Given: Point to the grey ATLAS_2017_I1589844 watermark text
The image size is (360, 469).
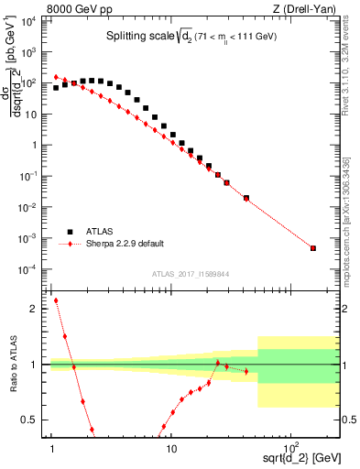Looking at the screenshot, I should (x=191, y=274).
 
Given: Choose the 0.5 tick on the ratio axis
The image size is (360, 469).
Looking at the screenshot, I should (x=35, y=420).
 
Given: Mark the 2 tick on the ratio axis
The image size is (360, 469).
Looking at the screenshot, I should (x=38, y=309).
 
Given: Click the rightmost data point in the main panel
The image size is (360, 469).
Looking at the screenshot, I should (x=313, y=248).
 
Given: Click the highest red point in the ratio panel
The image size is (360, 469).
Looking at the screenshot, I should (x=56, y=300).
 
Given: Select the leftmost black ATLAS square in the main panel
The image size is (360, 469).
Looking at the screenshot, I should (x=56, y=88).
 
